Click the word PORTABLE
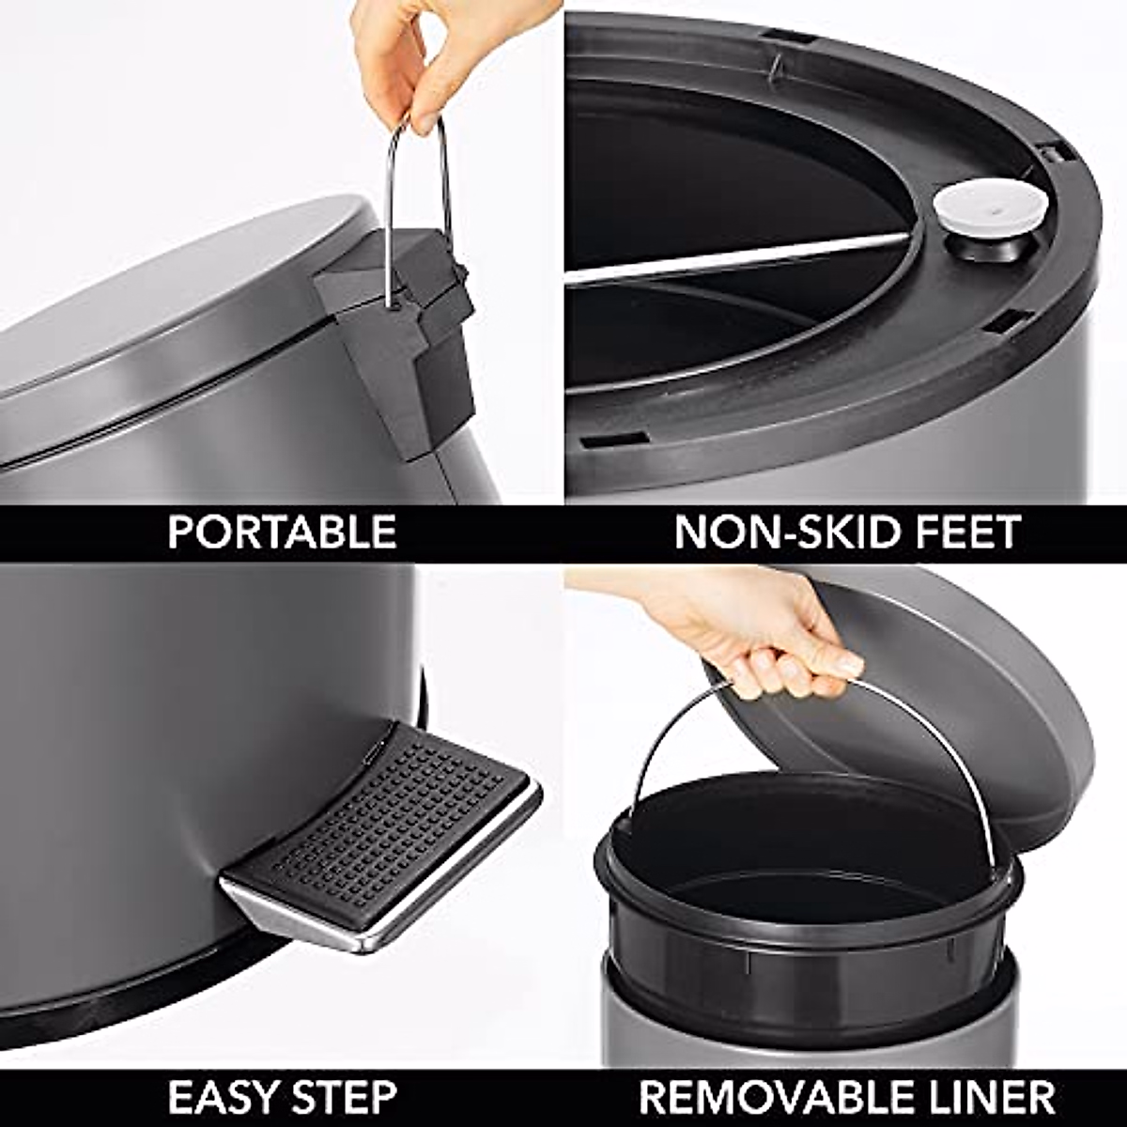pos(282,533)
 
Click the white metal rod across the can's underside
pos(733,258)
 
